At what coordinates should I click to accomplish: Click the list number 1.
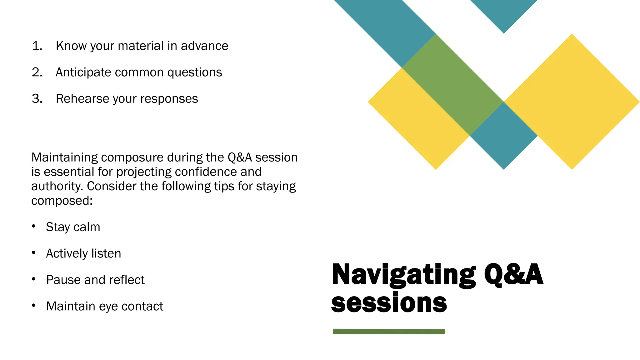pyautogui.click(x=37, y=46)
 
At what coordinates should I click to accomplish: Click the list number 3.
pyautogui.click(x=37, y=99)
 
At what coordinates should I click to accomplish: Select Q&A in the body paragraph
pyautogui.click(x=239, y=157)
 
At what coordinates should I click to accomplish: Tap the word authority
pyautogui.click(x=57, y=187)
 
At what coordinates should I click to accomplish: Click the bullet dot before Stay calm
pyautogui.click(x=34, y=226)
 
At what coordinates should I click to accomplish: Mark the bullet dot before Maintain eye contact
pyautogui.click(x=34, y=305)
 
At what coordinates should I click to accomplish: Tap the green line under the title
pyautogui.click(x=389, y=331)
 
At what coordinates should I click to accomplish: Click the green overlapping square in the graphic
pyautogui.click(x=452, y=84)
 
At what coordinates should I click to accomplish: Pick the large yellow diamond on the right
pyautogui.click(x=572, y=102)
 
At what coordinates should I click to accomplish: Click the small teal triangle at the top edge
pyautogui.click(x=503, y=12)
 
